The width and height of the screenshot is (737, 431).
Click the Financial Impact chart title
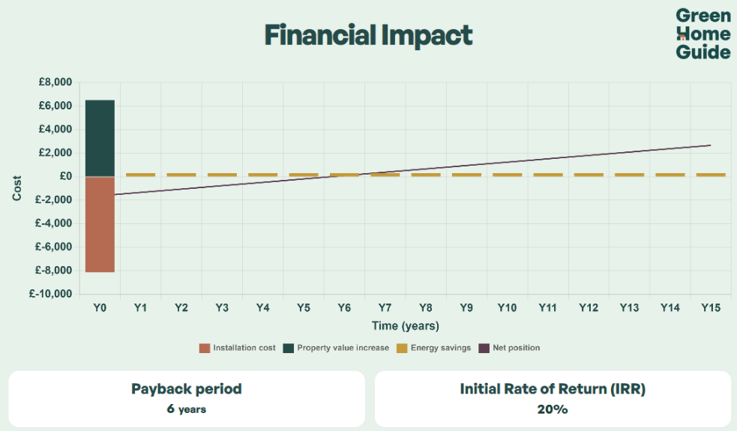(368, 35)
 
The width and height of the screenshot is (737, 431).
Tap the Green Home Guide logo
(703, 34)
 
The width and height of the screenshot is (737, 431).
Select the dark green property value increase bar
(100, 138)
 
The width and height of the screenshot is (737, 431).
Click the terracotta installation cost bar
(100, 224)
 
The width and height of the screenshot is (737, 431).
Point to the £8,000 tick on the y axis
(55, 82)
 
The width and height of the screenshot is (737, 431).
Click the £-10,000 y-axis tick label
(51, 294)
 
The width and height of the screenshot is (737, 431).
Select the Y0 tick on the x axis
(100, 308)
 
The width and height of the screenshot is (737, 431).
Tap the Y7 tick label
(385, 308)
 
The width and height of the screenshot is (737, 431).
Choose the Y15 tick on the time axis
(710, 308)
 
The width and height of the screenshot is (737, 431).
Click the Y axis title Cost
(16, 188)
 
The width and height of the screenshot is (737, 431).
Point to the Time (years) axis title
(405, 326)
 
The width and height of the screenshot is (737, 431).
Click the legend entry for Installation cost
(238, 348)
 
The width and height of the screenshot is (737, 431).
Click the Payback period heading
(187, 389)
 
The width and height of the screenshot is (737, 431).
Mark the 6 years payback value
(187, 409)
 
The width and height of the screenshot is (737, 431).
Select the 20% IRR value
(553, 409)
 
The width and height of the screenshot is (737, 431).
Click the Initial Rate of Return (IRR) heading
(553, 389)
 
